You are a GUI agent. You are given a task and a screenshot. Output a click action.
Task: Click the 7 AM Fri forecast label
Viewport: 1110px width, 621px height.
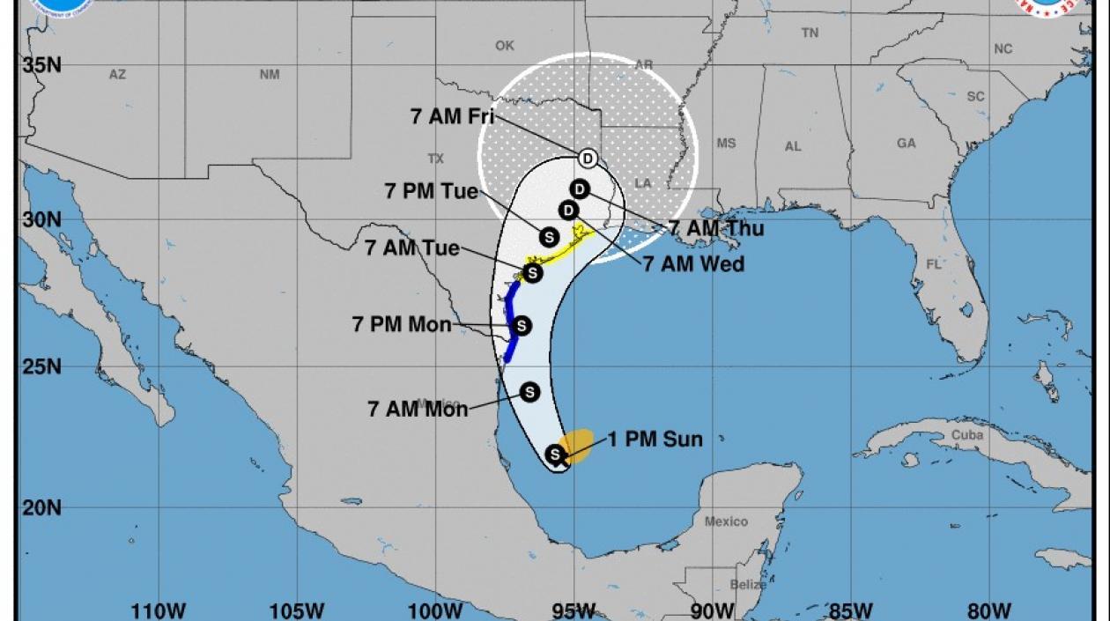click(x=452, y=116)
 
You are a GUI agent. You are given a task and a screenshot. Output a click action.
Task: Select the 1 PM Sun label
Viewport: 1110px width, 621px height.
click(x=655, y=439)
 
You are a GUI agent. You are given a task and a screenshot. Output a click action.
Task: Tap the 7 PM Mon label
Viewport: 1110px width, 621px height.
click(x=402, y=324)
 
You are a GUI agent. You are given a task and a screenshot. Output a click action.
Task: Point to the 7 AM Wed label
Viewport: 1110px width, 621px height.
click(x=693, y=263)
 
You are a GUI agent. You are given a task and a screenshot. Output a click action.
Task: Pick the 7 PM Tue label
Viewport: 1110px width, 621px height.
click(x=432, y=191)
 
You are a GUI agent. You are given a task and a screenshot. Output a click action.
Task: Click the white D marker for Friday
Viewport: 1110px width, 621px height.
click(x=588, y=159)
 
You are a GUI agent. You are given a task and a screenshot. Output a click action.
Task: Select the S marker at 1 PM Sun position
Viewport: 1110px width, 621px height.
click(x=555, y=455)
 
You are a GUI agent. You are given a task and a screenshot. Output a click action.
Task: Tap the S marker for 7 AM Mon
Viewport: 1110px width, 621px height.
click(x=529, y=391)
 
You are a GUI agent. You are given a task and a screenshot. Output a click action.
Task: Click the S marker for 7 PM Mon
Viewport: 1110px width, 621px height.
click(x=522, y=326)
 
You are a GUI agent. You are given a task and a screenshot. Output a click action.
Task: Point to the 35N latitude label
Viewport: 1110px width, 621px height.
click(x=42, y=64)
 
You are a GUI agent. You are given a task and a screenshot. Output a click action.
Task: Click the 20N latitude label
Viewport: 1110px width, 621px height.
click(x=42, y=508)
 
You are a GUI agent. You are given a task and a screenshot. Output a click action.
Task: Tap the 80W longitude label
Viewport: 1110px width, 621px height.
click(x=990, y=610)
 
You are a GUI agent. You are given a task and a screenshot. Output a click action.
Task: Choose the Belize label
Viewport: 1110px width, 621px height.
click(x=747, y=584)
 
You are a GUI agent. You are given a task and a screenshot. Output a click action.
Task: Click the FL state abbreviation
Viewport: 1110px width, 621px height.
click(x=933, y=263)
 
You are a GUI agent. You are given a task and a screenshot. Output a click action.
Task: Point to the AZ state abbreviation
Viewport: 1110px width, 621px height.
click(x=117, y=75)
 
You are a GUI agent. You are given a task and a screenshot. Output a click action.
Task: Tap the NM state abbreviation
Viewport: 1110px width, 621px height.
click(x=270, y=75)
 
